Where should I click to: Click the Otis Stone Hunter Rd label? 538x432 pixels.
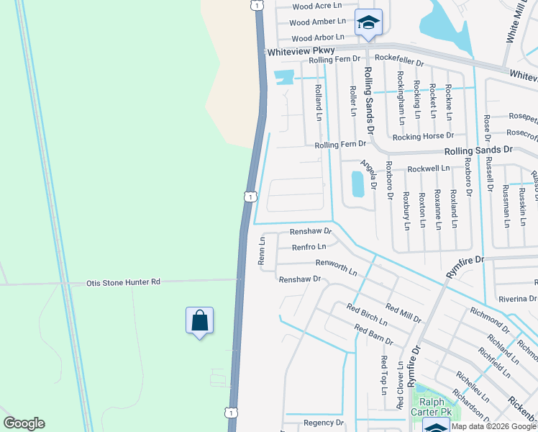point(124,282)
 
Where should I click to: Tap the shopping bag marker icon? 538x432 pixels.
point(199,320)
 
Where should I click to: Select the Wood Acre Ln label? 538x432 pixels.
point(317,6)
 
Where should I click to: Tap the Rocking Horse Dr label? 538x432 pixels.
point(423,135)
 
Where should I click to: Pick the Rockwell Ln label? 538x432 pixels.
point(428,168)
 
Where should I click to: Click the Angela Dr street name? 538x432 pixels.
point(369,174)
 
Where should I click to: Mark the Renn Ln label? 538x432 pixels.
point(263,250)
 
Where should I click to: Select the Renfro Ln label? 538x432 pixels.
point(309,247)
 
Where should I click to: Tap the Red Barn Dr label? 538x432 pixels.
point(374,335)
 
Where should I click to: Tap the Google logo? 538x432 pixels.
point(24,423)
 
